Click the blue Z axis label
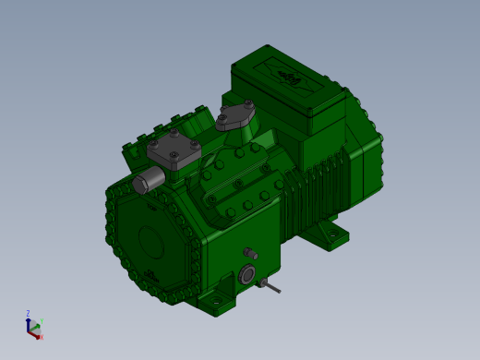point(28,314)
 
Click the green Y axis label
point(42,321)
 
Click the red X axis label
point(42,337)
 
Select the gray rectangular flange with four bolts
point(173,150)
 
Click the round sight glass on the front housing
point(247,274)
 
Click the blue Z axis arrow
point(29,323)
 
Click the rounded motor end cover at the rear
point(365,148)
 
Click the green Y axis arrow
point(36,326)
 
